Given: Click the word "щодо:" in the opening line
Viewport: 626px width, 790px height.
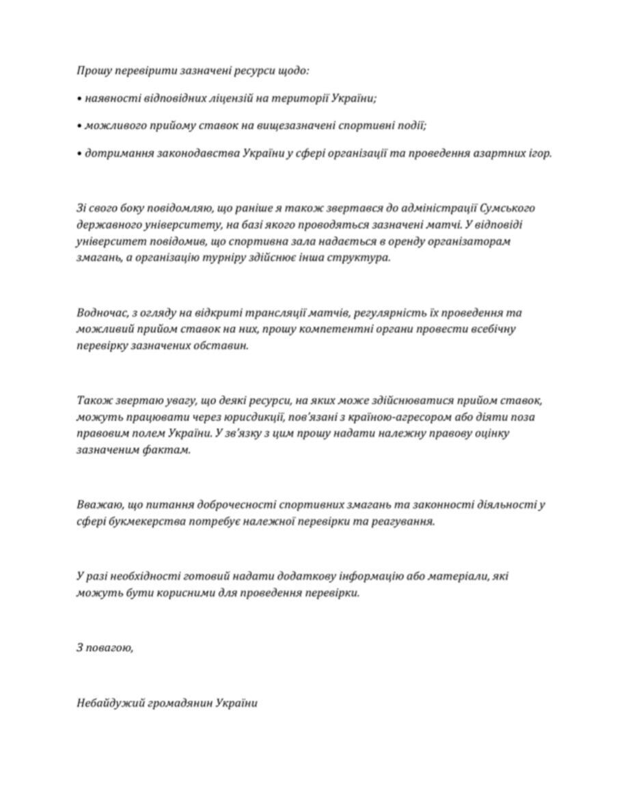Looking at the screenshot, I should pyautogui.click(x=294, y=70).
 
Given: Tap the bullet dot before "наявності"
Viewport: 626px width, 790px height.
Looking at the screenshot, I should pyautogui.click(x=79, y=98).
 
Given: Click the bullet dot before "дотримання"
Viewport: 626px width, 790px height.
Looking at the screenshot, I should pyautogui.click(x=79, y=154).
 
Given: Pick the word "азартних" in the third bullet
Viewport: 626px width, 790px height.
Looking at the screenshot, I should pyautogui.click(x=498, y=154).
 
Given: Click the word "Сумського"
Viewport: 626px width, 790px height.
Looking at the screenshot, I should pyautogui.click(x=506, y=208).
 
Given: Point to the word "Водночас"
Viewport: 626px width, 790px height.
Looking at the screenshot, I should pyautogui.click(x=100, y=313).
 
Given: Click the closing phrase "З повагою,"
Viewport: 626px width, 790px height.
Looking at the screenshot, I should pyautogui.click(x=105, y=647).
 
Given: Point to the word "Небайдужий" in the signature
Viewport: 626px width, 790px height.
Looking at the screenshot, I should pyautogui.click(x=110, y=703).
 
